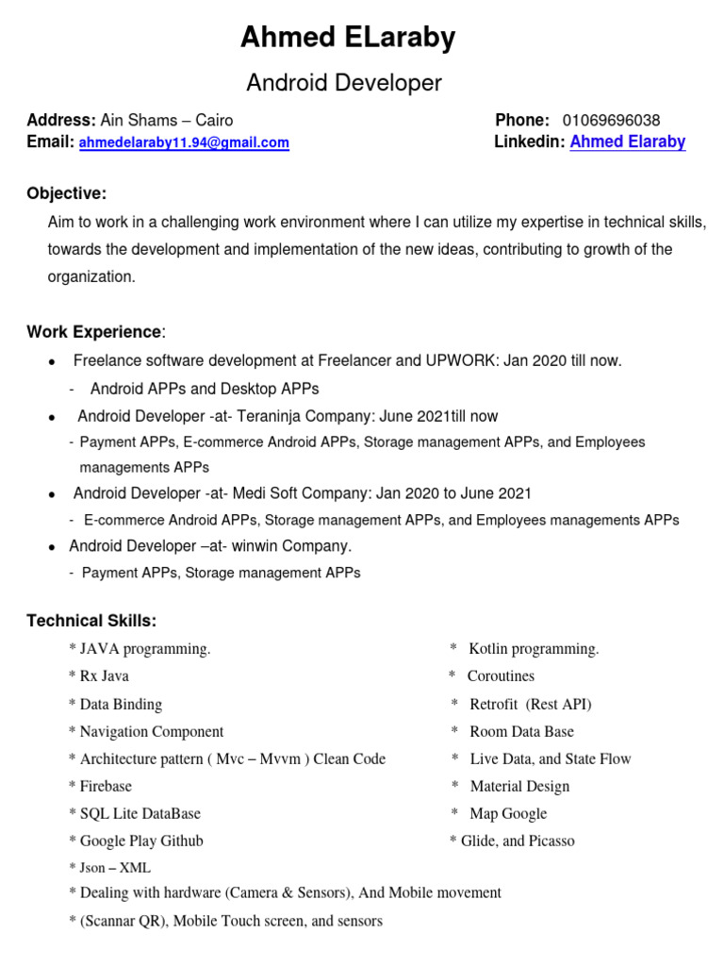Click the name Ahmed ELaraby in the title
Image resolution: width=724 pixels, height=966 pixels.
348,38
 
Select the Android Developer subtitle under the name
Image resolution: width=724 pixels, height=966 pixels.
343,83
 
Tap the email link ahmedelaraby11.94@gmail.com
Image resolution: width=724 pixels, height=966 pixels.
184,143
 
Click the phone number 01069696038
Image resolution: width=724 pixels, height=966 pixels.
611,121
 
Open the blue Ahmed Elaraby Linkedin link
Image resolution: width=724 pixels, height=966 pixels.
628,142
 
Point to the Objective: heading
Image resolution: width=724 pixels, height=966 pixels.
66,193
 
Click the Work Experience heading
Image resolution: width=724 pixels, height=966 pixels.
94,332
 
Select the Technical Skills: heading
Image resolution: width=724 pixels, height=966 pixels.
91,621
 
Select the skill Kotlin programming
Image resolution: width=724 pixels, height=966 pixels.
534,649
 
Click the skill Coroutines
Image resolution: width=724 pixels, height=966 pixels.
501,676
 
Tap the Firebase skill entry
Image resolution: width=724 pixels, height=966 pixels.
106,786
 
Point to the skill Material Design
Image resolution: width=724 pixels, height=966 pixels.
519,786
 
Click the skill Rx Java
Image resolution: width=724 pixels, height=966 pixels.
105,676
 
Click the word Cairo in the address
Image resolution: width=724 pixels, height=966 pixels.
214,121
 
